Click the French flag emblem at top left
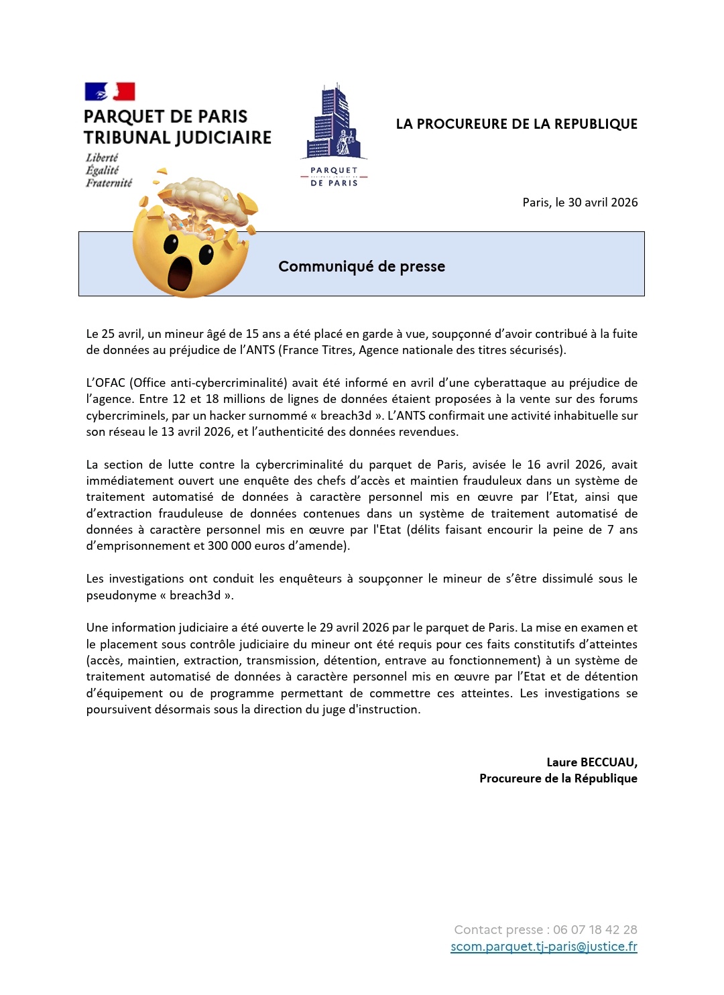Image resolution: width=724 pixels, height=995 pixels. (x=110, y=91)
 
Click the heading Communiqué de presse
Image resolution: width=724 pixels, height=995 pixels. (x=361, y=266)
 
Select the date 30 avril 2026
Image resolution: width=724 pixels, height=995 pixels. (x=603, y=202)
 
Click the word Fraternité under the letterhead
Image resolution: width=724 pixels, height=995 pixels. (x=109, y=183)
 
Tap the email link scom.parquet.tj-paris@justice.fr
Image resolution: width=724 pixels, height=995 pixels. (x=544, y=946)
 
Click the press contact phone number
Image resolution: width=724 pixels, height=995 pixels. (x=595, y=929)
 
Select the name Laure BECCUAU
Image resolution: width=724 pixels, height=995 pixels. (x=591, y=762)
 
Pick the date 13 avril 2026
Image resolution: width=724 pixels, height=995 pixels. (x=196, y=432)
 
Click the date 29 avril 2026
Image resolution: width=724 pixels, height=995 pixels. (x=354, y=628)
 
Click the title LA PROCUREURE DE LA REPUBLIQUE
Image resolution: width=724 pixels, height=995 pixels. (x=516, y=124)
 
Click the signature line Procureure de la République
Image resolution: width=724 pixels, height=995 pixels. (x=558, y=778)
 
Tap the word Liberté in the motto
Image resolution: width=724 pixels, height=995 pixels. (x=102, y=158)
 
